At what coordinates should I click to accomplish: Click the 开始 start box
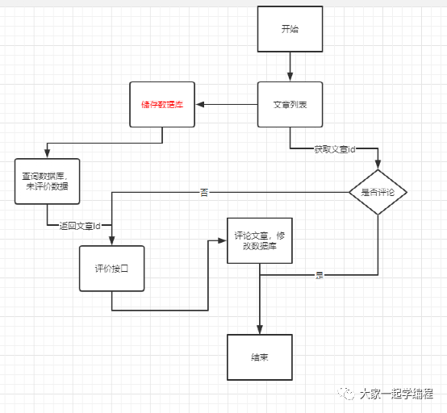pyautogui.click(x=290, y=29)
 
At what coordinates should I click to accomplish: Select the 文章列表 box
pyautogui.click(x=290, y=104)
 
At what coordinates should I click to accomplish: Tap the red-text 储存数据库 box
pyautogui.click(x=162, y=104)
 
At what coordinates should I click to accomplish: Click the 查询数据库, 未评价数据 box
pyautogui.click(x=47, y=181)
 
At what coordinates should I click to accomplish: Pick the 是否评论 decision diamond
pyautogui.click(x=378, y=192)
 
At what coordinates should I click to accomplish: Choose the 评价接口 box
pyautogui.click(x=111, y=268)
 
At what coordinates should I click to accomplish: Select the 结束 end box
pyautogui.click(x=259, y=357)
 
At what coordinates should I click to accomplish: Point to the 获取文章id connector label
pyautogui.click(x=335, y=150)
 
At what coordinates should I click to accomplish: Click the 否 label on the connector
pyautogui.click(x=204, y=192)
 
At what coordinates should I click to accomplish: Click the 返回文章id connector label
pyautogui.click(x=79, y=226)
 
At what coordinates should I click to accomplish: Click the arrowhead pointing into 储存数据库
pyautogui.click(x=201, y=104)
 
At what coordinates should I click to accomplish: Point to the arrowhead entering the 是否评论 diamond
pyautogui.click(x=378, y=165)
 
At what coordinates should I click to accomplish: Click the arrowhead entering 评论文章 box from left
pyautogui.click(x=222, y=240)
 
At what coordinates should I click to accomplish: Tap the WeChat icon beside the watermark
pyautogui.click(x=346, y=394)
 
